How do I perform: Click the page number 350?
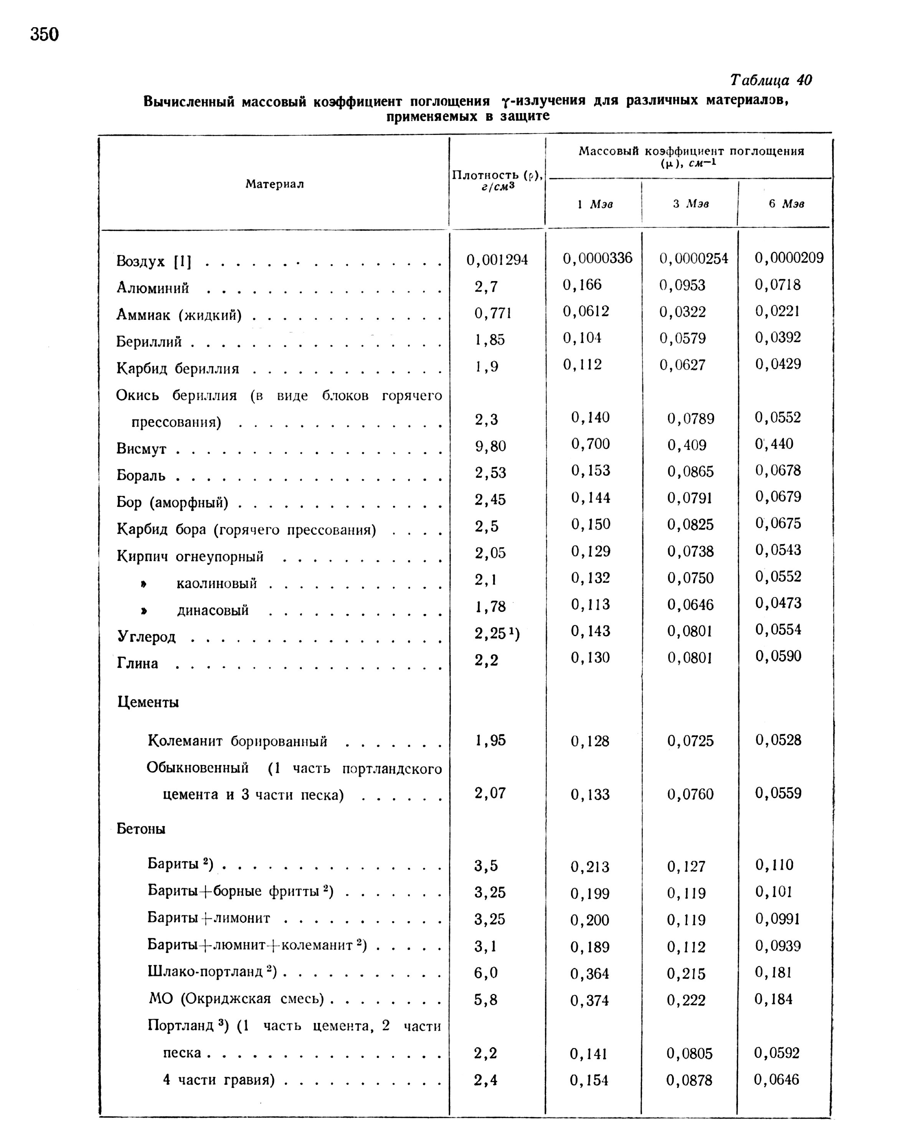point(45,35)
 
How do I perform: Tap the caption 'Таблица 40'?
point(771,80)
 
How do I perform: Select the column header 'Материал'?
point(274,184)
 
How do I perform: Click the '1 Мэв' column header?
point(595,204)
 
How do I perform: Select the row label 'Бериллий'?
point(149,342)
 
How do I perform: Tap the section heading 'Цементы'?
point(148,702)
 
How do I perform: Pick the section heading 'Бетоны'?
point(141,829)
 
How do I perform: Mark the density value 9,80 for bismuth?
point(490,446)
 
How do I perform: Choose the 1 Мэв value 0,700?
point(591,444)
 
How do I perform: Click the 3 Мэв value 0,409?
point(687,445)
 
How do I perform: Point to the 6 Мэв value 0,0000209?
point(789,258)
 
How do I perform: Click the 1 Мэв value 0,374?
point(589,1000)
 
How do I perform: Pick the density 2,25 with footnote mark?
point(496,633)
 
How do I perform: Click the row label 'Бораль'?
point(141,476)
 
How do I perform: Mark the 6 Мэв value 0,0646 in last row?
point(776,1080)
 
